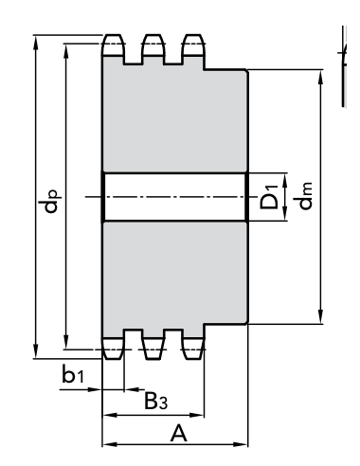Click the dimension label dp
51,201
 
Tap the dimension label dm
305,196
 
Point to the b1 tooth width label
73,374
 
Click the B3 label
155,401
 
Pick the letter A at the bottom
179,433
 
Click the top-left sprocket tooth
113,45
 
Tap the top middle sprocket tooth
153,45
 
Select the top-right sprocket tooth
193,45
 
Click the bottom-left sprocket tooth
113,349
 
